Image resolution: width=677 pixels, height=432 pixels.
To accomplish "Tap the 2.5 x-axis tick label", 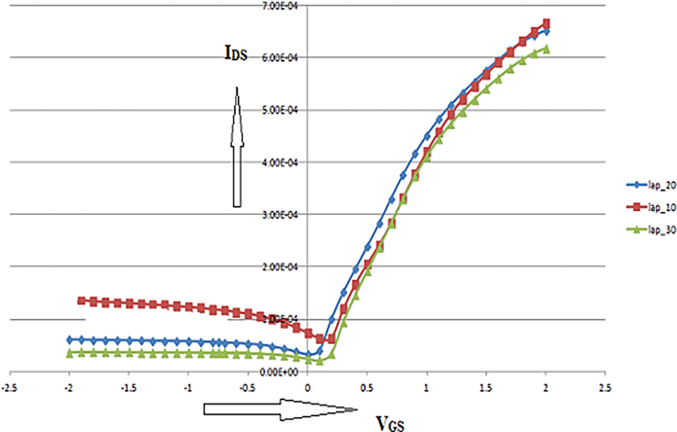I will tap(605, 387).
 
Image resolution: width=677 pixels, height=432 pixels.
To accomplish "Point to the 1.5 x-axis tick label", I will tap(486, 387).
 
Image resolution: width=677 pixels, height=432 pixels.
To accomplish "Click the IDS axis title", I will tap(235, 54).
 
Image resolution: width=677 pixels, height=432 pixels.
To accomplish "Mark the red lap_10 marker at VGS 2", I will tap(546, 24).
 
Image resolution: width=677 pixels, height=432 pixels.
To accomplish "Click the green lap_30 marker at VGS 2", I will tap(546, 49).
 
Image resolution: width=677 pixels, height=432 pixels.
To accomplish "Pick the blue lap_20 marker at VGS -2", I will tap(70, 340).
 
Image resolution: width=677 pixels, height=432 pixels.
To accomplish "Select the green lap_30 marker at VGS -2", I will tap(70, 353).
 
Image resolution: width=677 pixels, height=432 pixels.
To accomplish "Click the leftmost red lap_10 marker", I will tap(81, 300).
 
